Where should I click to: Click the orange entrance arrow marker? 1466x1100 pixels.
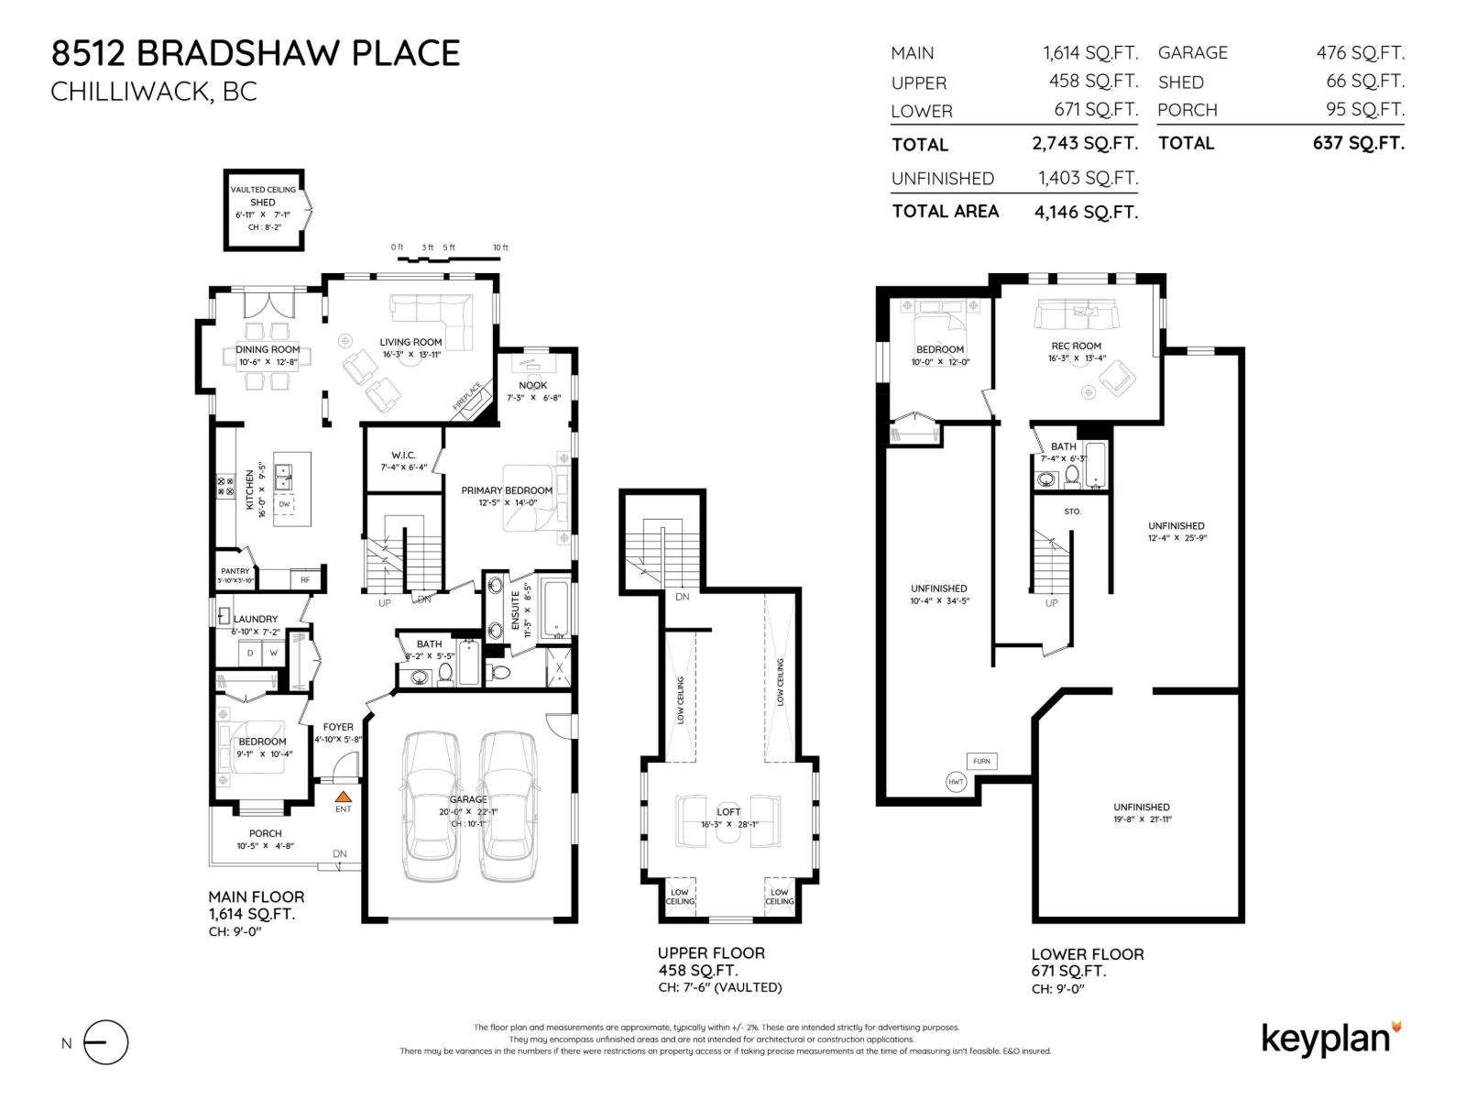343,797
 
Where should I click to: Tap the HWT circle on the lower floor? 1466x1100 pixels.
956,782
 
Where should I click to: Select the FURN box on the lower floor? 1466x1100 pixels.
981,761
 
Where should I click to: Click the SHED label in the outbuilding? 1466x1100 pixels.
263,203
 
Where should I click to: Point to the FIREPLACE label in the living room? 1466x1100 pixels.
466,396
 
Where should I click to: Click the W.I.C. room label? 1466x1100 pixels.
403,455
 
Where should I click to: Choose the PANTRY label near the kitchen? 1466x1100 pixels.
235,571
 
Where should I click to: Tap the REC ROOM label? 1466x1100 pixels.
1077,346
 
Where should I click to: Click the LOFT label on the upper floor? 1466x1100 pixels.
728,812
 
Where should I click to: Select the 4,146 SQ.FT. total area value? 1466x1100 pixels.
1086,213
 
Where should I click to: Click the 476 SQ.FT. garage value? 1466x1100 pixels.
1360,53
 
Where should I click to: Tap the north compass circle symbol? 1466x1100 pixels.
106,1042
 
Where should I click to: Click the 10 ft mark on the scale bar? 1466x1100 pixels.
499,247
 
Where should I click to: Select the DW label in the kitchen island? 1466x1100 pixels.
284,504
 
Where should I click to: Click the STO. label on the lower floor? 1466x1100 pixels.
1072,511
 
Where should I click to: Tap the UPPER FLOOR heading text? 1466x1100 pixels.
711,953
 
